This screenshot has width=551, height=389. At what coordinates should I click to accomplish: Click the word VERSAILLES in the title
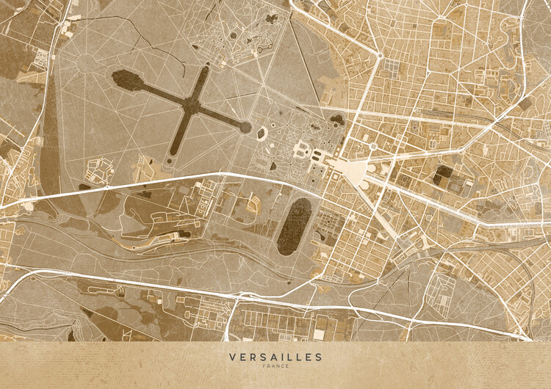pos(275,357)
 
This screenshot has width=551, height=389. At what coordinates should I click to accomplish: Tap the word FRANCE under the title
pos(275,366)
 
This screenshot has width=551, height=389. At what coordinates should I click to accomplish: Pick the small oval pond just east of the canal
pos(262,134)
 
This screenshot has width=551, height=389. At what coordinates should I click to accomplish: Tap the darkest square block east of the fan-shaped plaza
pos(443,175)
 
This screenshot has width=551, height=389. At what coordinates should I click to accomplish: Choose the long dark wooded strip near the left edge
pos(50,147)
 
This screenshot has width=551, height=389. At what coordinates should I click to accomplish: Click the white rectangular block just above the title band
pos(319,334)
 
